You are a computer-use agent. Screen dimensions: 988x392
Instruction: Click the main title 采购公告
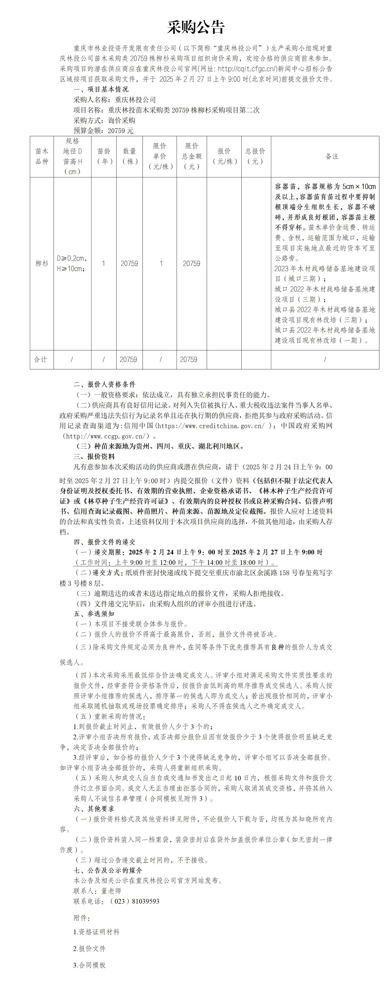[x=196, y=27]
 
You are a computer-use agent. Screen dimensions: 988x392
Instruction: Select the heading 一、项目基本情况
[x=101, y=89]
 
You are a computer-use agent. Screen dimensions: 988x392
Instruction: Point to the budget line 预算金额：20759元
[x=103, y=130]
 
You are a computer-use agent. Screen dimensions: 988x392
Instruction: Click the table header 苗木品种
[x=42, y=156]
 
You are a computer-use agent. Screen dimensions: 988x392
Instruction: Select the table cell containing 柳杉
[x=42, y=264]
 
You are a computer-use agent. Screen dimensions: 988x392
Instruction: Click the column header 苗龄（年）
[x=104, y=156]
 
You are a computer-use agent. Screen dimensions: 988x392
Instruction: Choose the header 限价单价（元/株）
[x=160, y=156]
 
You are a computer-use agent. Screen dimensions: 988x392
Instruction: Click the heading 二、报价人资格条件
[x=104, y=384]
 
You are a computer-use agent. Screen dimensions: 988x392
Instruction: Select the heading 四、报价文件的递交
[x=104, y=542]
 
